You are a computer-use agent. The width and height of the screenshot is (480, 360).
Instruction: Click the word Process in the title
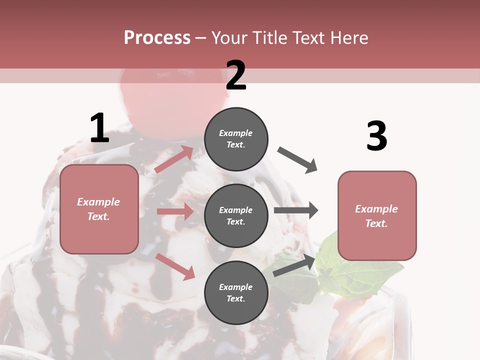point(157,38)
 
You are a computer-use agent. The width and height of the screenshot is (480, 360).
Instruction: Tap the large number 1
point(99,128)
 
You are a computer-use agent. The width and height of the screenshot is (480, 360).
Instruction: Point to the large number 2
point(236,75)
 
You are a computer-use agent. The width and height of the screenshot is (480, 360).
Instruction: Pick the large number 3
point(376,136)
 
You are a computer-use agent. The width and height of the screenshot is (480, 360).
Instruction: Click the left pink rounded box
point(99,209)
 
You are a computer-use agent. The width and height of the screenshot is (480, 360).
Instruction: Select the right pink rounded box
point(377,216)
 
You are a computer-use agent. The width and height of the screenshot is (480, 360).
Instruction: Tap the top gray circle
point(236,139)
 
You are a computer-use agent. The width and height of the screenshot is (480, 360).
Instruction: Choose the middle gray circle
point(236,216)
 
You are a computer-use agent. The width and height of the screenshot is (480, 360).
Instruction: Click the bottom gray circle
point(236,293)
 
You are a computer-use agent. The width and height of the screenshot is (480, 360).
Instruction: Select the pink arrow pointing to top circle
point(174,159)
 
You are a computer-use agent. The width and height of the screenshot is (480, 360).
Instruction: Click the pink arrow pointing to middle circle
point(175,211)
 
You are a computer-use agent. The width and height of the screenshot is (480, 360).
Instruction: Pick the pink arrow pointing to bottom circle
point(175,266)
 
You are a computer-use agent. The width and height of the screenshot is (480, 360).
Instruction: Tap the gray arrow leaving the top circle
point(297,160)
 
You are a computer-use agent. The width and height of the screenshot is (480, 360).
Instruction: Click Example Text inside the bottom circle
point(236,293)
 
